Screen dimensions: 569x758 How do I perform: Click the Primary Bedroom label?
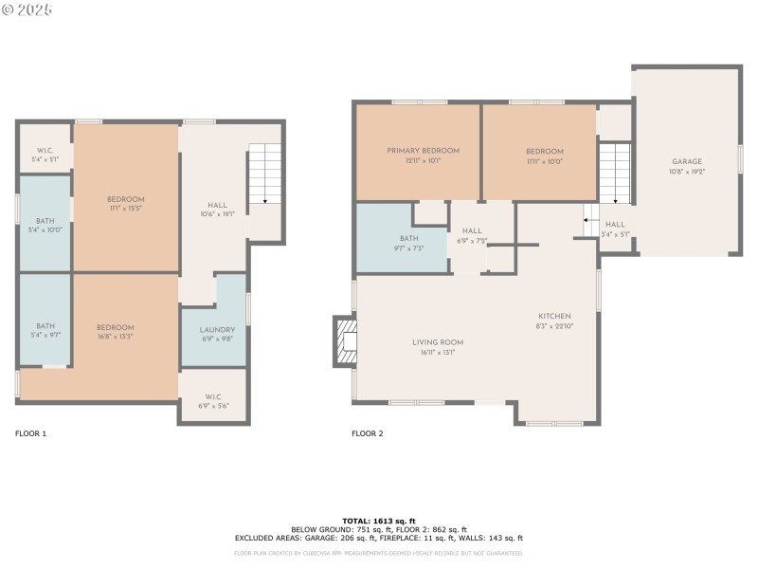point(423,151)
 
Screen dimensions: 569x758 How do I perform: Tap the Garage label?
point(687,162)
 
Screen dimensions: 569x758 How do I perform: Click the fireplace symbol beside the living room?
point(345,341)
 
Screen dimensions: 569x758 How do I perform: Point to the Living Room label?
point(437,342)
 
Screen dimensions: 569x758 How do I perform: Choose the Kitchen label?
point(554,316)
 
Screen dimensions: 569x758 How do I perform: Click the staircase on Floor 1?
point(264,175)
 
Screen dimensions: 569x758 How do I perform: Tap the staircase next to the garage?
point(614,174)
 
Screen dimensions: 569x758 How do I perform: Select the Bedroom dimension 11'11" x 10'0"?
point(545,160)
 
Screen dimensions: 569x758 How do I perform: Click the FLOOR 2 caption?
point(368,433)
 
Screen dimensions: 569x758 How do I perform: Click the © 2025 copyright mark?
point(27,9)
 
